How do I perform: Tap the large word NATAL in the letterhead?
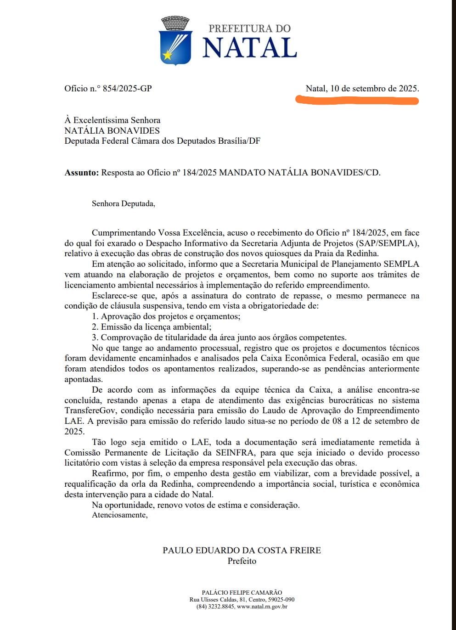pos(249,47)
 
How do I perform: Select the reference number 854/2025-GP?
pos(127,89)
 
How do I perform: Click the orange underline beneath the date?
pos(357,100)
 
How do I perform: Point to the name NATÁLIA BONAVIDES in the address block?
pos(112,130)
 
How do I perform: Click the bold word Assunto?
pos(81,173)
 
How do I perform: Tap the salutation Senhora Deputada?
pos(123,203)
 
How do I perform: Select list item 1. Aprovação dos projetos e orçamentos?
pos(166,316)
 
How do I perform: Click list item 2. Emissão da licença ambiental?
pos(152,327)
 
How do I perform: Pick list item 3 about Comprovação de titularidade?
pos(219,337)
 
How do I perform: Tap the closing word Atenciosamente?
pos(119,515)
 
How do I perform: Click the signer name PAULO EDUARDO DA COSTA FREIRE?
pos(242,550)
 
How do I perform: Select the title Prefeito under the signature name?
pos(242,561)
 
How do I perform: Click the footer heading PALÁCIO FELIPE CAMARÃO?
pos(242,592)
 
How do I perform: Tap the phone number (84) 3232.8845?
pos(215,607)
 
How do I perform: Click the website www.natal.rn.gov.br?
pos(262,607)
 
